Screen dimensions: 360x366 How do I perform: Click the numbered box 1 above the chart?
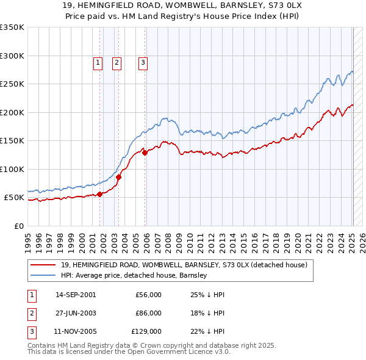click(98, 62)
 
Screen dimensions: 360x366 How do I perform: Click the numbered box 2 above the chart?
click(116, 62)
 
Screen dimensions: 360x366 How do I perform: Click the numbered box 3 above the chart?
click(143, 62)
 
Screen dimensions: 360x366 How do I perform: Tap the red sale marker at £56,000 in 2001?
click(99, 194)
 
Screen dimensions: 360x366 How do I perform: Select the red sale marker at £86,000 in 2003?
click(119, 177)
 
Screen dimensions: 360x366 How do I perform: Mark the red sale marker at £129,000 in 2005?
click(145, 153)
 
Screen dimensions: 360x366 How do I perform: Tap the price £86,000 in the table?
click(148, 313)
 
